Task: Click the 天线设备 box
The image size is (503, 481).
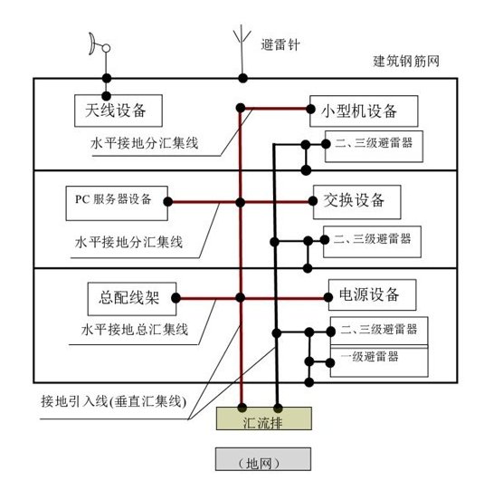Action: [119, 111]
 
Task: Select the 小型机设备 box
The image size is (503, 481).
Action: [364, 111]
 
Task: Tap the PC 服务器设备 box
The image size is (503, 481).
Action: [117, 203]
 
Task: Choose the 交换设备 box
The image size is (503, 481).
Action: [357, 202]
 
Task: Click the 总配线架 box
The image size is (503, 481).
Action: [132, 299]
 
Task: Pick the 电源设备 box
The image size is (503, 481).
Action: [372, 294]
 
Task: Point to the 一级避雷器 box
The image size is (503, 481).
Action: [379, 361]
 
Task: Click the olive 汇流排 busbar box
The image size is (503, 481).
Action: [264, 418]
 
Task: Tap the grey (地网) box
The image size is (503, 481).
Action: [263, 459]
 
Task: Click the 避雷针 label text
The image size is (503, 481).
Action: [280, 44]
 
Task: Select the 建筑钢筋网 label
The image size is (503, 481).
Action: [406, 61]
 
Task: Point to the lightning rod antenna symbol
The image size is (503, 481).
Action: [242, 52]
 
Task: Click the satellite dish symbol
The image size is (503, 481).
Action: [100, 44]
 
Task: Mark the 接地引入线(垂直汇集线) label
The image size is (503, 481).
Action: [114, 401]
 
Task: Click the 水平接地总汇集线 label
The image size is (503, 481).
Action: [135, 330]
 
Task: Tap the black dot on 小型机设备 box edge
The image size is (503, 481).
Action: [310, 109]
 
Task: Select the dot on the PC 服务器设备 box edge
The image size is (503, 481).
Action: [167, 202]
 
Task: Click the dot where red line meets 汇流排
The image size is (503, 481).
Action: [242, 408]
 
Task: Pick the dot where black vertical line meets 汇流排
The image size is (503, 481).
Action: [278, 408]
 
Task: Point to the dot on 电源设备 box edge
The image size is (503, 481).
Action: [327, 297]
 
